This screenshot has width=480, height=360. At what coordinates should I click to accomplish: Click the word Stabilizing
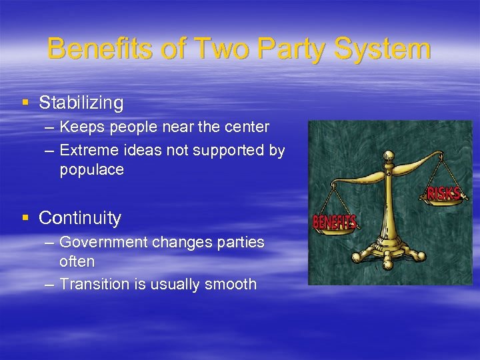(81, 103)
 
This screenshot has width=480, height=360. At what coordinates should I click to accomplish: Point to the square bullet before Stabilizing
(25, 103)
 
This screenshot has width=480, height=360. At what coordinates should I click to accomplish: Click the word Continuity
(80, 218)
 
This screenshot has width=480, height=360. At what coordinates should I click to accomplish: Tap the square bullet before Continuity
(25, 218)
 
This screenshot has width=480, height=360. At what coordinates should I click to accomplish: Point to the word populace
(91, 170)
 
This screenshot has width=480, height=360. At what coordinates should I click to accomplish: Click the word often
(77, 261)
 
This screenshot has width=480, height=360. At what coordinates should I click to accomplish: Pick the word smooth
(231, 284)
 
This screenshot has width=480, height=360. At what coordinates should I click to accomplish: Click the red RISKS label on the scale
(443, 193)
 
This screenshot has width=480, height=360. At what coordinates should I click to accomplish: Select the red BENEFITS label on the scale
(335, 222)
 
